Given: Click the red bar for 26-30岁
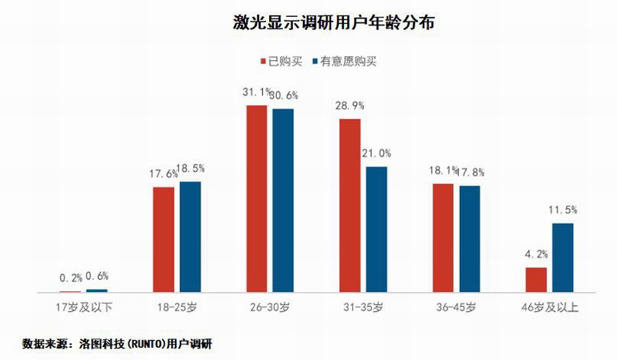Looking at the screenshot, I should click(257, 199).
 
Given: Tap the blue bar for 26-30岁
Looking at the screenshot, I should click(283, 200).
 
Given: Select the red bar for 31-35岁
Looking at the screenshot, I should click(350, 206).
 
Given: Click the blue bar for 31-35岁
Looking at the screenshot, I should click(376, 229).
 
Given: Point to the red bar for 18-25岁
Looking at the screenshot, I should click(164, 239).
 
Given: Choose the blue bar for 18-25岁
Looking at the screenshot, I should click(190, 237).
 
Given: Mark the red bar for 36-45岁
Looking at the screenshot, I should click(443, 238).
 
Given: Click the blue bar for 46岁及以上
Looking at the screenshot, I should click(563, 257).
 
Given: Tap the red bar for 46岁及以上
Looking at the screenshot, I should click(536, 280).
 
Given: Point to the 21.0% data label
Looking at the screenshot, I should click(376, 153).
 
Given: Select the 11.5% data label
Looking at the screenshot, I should click(563, 209).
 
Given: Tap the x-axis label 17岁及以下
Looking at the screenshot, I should click(85, 308).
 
